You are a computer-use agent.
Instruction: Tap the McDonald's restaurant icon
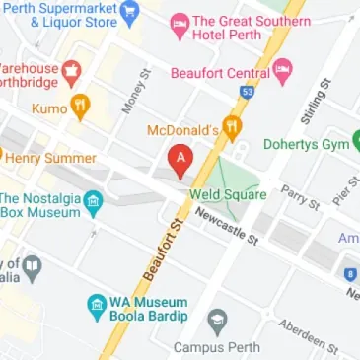(x=231, y=127)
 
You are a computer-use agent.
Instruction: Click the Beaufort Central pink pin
(x=283, y=70)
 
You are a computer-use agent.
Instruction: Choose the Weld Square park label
(x=232, y=194)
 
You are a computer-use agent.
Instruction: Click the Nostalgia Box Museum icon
(x=94, y=202)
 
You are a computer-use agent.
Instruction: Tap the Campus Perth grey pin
(x=218, y=320)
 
